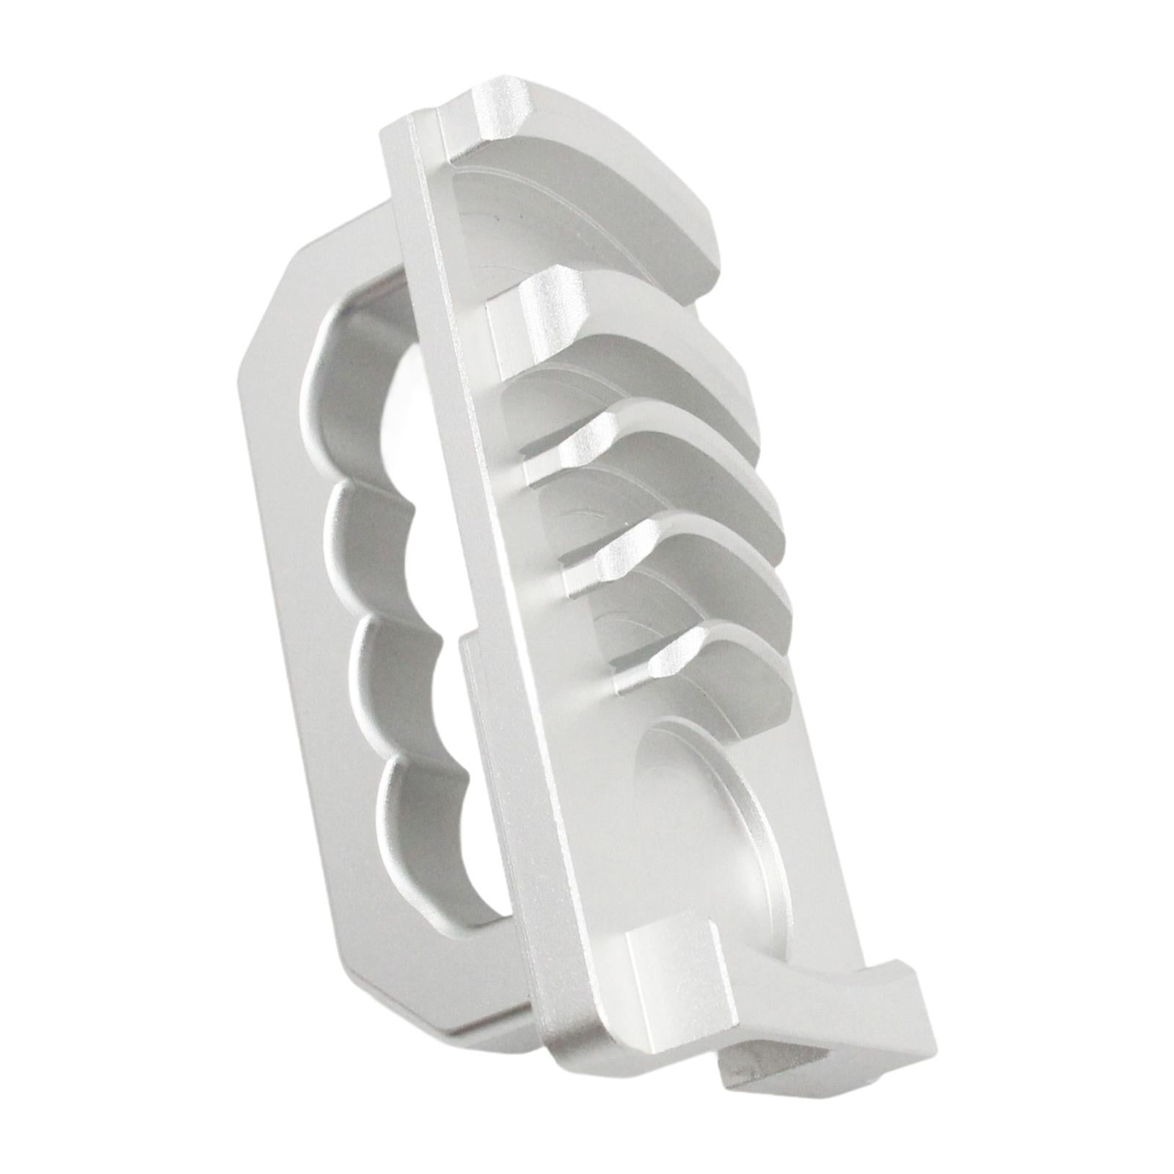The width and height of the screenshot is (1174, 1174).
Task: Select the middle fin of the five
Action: pos(675,470)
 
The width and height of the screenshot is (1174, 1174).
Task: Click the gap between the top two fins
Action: pos(624,293)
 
